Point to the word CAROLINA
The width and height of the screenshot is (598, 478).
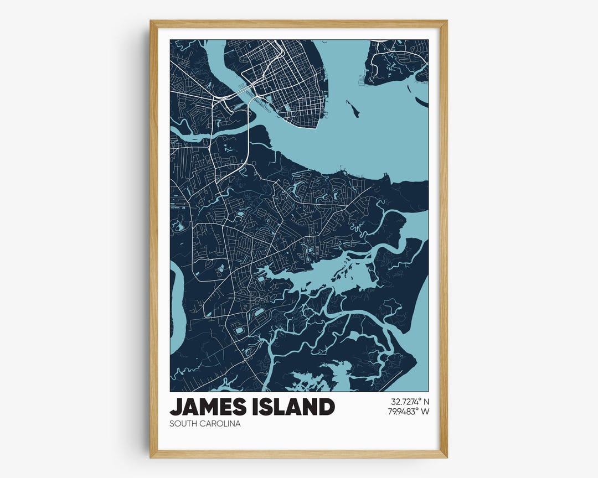click(221, 424)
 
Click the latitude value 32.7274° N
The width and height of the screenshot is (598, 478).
click(410, 401)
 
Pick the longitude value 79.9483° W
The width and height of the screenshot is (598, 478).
click(410, 411)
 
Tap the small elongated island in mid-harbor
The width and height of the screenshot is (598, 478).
click(353, 109)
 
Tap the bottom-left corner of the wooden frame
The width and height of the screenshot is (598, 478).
click(151, 456)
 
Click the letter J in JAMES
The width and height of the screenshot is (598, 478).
click(176, 407)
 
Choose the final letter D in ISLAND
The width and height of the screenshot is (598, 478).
click(327, 407)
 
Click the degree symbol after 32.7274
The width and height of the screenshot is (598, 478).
click(420, 399)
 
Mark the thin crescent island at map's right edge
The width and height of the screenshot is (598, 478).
click(422, 102)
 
